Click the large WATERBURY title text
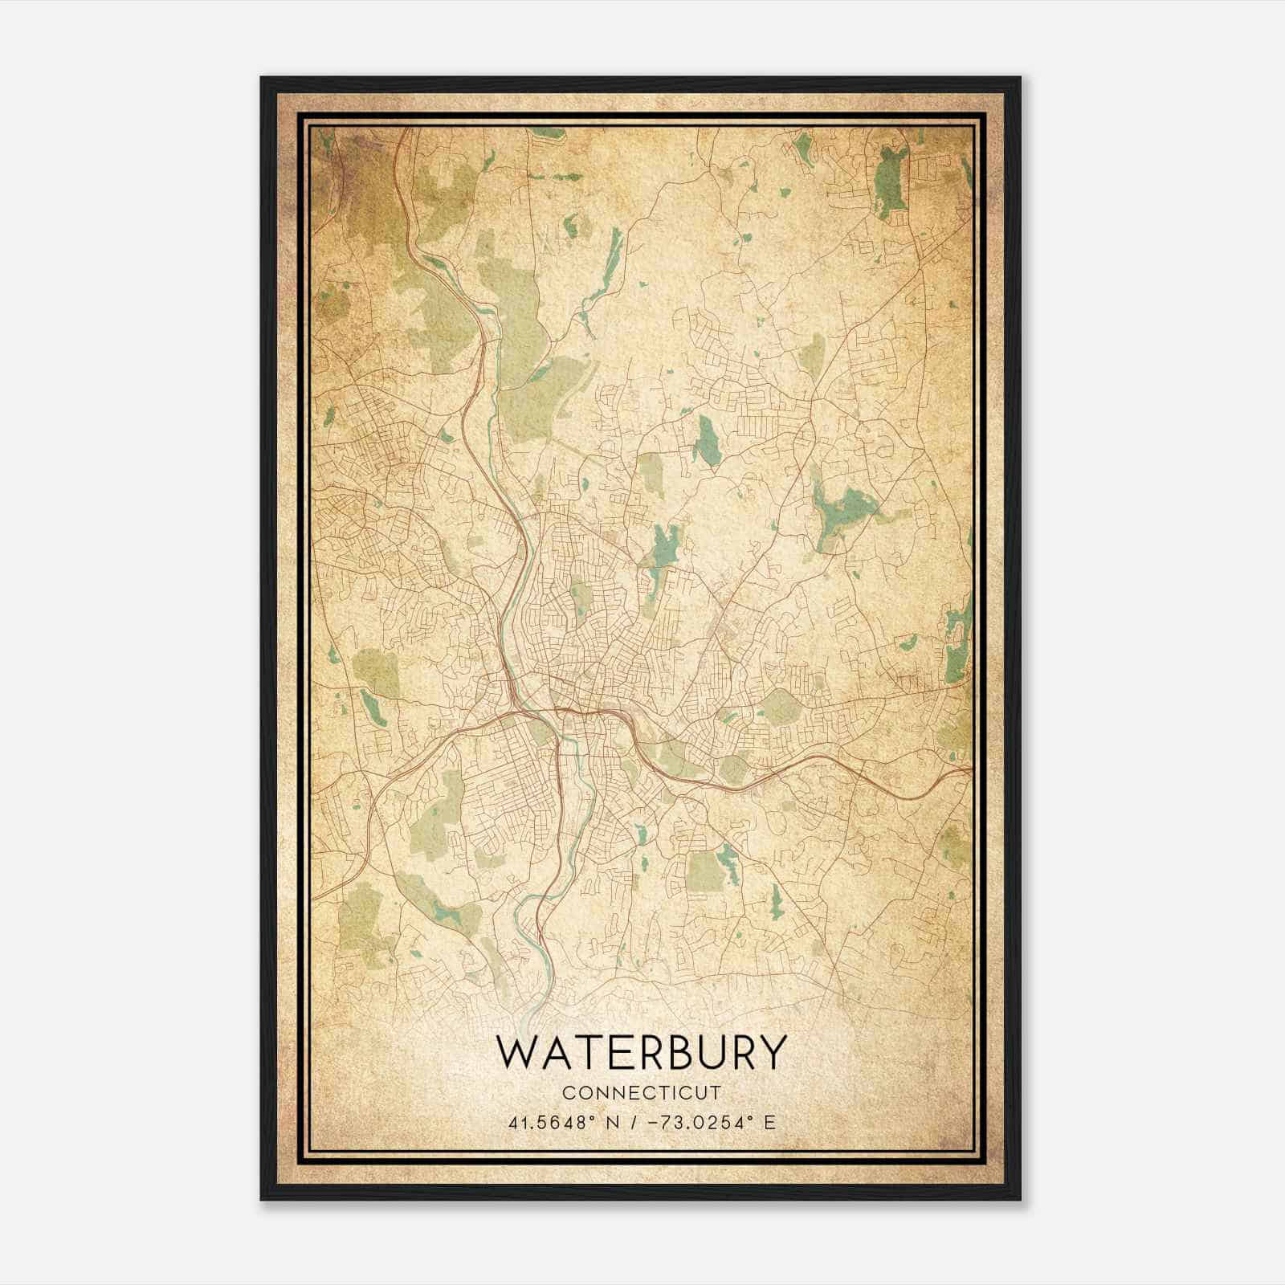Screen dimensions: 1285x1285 [640, 1052]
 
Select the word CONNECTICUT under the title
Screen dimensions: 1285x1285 [642, 1093]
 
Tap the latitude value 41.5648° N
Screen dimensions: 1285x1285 [557, 1122]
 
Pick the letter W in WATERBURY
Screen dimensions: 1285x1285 [517, 1052]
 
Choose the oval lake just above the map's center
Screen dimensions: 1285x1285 [707, 442]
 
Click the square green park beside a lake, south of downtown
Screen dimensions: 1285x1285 [704, 871]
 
